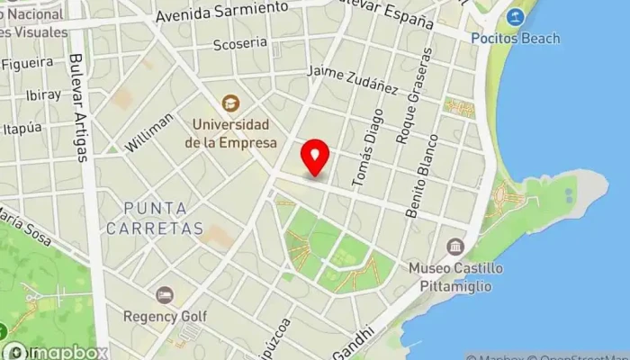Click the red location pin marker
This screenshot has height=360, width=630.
[x=315, y=157]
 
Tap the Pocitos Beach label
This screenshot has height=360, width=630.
[x=515, y=39]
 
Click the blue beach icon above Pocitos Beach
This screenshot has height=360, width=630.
[x=515, y=17]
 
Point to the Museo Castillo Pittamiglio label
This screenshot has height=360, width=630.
[x=455, y=276]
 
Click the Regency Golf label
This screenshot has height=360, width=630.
[x=165, y=317]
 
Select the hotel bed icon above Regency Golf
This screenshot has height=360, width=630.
[x=165, y=295]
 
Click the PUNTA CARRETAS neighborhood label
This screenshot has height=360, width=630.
[x=154, y=219]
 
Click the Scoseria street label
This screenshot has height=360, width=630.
[x=240, y=42]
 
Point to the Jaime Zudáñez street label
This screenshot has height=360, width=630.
[x=352, y=80]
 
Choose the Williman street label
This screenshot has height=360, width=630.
[x=149, y=132]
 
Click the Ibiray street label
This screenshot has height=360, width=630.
[x=19, y=94]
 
